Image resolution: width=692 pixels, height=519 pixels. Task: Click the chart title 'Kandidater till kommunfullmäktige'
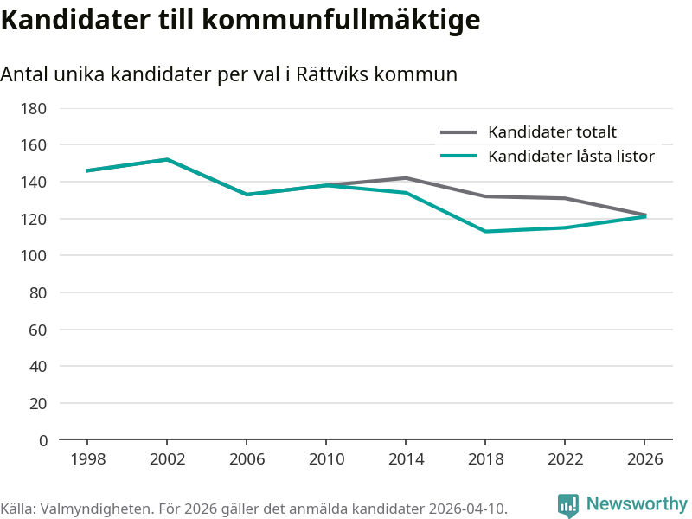click(x=240, y=20)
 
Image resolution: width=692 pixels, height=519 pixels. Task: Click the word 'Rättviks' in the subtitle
click(x=330, y=74)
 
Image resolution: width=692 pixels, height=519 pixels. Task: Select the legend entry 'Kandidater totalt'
click(x=552, y=132)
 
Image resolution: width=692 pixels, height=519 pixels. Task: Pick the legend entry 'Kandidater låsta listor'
click(x=571, y=157)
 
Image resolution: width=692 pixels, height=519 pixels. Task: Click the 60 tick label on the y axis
click(x=38, y=330)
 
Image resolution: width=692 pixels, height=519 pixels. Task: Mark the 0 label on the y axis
click(x=42, y=440)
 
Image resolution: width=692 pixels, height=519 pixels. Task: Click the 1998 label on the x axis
click(x=87, y=459)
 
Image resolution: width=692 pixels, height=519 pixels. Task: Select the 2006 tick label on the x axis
click(x=247, y=459)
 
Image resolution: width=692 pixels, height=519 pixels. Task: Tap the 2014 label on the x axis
click(x=406, y=459)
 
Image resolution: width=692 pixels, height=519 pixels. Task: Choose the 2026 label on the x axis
click(x=644, y=459)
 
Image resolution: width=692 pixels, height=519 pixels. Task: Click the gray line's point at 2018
click(x=485, y=196)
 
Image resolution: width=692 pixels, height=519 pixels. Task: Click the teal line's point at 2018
click(x=485, y=231)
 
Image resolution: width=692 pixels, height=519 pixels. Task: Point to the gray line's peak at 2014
click(x=406, y=178)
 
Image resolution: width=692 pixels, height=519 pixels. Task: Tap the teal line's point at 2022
click(x=565, y=227)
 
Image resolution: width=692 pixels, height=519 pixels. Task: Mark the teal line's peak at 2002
click(x=167, y=159)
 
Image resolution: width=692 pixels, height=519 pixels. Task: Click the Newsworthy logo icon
click(x=567, y=505)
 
